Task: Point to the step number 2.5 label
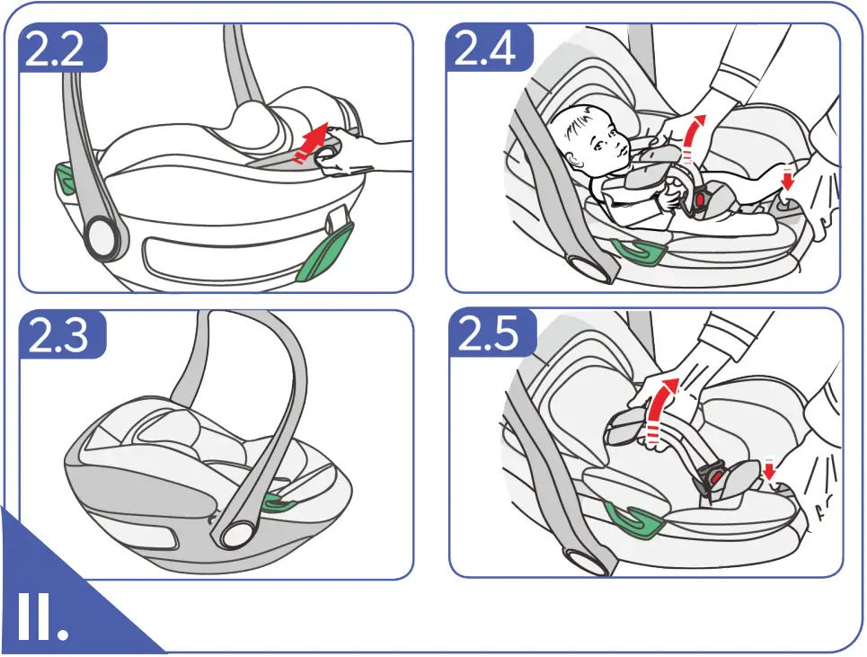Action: point(489,334)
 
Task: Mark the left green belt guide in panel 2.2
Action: point(64,177)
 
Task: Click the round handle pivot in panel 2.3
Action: point(233,532)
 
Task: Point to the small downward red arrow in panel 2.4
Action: point(788,178)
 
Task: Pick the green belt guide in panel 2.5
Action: point(633,517)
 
